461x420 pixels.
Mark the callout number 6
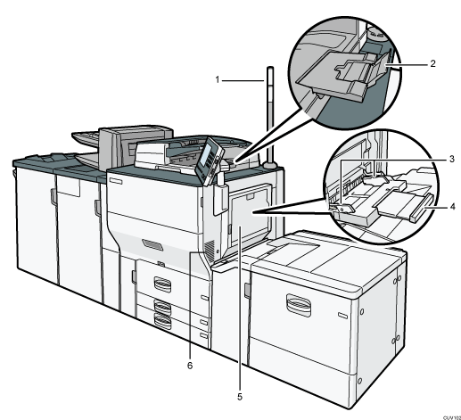click(188, 365)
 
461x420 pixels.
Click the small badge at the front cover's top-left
click(119, 179)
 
